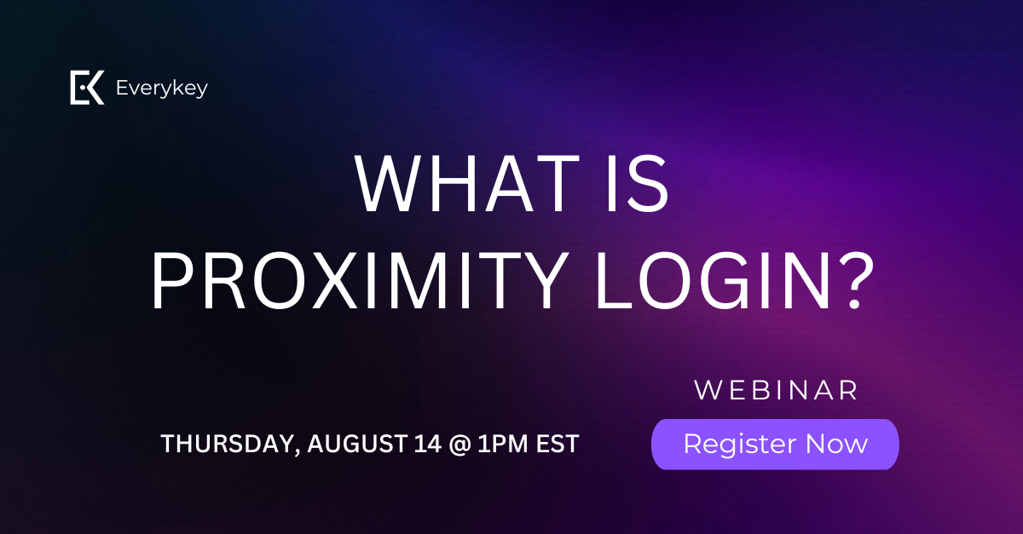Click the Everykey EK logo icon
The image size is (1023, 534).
(x=87, y=87)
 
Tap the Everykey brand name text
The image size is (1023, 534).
(x=162, y=88)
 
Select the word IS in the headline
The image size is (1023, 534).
(x=638, y=183)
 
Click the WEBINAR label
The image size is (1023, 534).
(x=776, y=390)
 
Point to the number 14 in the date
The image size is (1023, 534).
(x=428, y=444)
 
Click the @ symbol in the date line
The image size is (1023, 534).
(x=459, y=444)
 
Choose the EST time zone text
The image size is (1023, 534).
(x=558, y=444)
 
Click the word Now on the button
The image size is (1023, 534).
(x=836, y=444)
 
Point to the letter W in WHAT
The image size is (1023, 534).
(x=392, y=183)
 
